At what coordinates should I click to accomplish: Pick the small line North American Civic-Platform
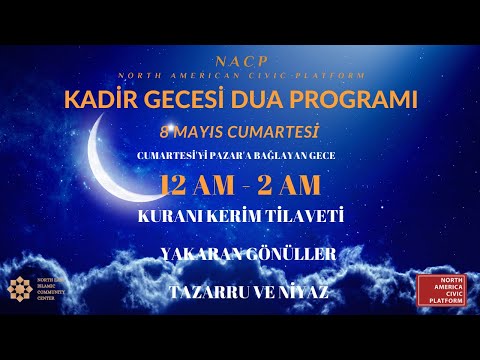tap(240, 76)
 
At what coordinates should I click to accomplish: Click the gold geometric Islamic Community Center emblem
tap(20, 288)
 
